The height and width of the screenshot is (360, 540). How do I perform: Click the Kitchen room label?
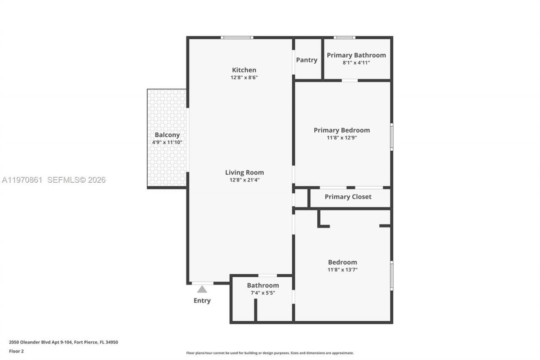point(244,70)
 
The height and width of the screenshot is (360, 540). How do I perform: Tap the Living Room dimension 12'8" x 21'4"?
point(244,180)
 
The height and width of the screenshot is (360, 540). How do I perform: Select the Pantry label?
point(307,60)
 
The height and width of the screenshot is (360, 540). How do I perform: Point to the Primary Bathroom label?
point(356,55)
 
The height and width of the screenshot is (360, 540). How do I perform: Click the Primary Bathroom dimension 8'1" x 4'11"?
point(356,62)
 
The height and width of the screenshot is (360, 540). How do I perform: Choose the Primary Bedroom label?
point(342,130)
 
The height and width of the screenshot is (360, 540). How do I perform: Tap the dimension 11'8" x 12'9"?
point(342,138)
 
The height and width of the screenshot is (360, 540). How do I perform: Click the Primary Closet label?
point(348,197)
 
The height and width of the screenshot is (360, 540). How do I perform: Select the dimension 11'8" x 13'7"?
point(343,270)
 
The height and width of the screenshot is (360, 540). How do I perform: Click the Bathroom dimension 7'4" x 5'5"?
point(263,292)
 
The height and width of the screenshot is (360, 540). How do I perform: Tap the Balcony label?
point(167,135)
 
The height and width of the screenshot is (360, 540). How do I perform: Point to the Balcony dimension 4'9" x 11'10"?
point(167,143)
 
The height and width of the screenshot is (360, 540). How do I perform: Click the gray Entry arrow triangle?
point(202,290)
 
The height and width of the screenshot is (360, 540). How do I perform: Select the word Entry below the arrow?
point(202,300)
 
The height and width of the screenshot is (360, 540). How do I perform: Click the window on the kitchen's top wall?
point(237,38)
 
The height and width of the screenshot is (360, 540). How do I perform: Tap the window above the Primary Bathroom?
point(344,38)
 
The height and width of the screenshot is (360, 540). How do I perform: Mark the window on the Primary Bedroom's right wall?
point(391,136)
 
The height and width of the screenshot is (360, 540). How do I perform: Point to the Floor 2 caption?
point(16,351)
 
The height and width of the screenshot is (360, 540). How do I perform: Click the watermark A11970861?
point(22,180)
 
